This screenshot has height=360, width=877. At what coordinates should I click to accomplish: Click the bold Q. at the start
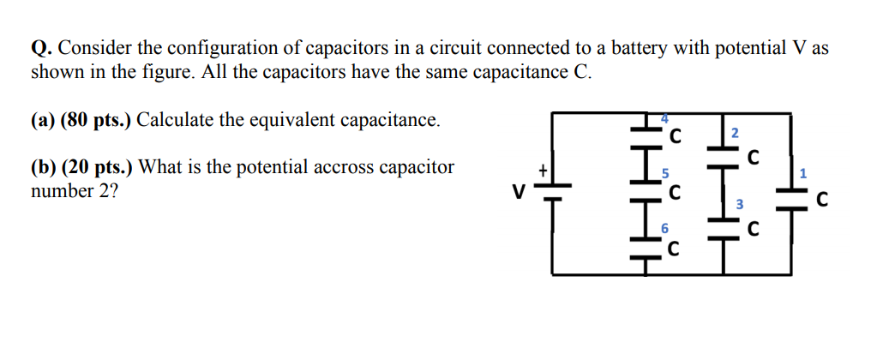coord(42,49)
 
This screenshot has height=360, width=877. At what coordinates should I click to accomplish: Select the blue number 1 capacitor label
coord(802,174)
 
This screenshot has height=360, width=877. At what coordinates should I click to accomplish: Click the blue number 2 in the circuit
coord(735,132)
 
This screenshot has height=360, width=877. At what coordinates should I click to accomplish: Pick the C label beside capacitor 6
coord(675,249)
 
